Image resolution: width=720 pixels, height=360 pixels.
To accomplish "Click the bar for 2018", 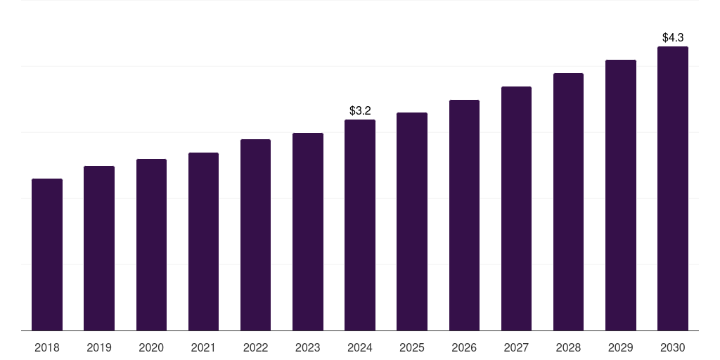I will point(47,255).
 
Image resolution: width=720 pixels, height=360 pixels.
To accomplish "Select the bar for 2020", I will point(151,245).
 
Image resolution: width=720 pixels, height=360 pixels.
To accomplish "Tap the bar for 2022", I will point(255,235).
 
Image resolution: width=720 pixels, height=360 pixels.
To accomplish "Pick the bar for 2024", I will point(360,225).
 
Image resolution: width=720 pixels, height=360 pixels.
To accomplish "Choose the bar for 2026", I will point(464,215).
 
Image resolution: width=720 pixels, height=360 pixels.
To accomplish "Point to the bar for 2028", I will point(568,202).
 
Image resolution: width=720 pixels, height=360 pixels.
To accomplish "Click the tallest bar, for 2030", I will point(673,188).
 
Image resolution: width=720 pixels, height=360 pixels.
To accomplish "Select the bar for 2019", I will point(99,248).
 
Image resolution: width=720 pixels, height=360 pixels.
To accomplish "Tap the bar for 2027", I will point(516,208).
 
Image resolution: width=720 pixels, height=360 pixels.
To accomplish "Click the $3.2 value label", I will point(360,110).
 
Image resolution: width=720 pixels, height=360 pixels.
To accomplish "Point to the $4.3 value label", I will point(673,37).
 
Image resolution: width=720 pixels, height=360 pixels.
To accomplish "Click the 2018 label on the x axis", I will point(47,347).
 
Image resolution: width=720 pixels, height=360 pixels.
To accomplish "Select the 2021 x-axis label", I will point(203,347).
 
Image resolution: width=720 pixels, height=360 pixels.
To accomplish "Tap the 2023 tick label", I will point(308,347).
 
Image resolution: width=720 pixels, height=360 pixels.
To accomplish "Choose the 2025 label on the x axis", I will point(412,347).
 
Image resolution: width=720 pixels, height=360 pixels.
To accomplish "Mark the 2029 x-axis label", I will point(621,347).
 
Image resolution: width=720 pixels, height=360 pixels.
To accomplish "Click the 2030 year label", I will point(673,347).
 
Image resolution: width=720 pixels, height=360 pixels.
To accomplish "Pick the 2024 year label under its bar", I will point(360,347).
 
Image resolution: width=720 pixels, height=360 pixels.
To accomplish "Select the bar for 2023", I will point(308,231).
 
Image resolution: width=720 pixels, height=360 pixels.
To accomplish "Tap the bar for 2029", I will point(621,195).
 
